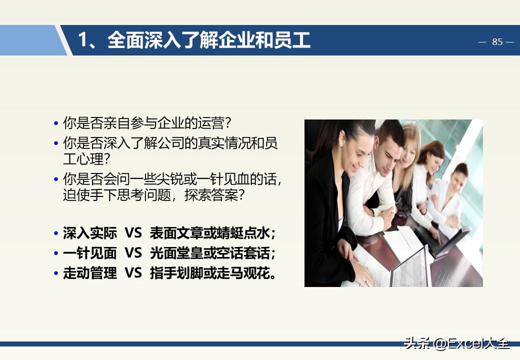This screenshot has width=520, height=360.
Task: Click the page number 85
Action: (x=497, y=42)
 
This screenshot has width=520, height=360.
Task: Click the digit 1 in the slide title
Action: (x=83, y=40)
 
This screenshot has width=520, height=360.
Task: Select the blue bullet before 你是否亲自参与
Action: (x=56, y=123)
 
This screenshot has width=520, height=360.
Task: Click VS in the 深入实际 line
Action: (x=133, y=233)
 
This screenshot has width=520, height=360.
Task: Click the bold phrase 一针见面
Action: (x=90, y=253)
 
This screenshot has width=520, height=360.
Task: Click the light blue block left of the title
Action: (x=30, y=40)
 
